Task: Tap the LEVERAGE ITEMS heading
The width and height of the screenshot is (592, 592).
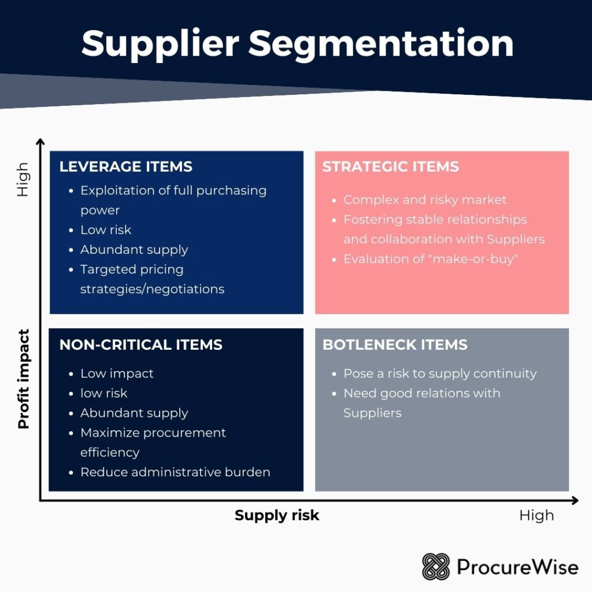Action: tap(126, 166)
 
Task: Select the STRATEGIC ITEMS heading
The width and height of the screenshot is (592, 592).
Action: tap(390, 166)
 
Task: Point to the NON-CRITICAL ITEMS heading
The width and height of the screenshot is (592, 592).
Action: tap(140, 345)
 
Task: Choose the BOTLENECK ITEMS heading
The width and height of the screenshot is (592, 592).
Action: tap(395, 345)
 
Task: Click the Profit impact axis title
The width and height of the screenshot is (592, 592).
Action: tap(24, 379)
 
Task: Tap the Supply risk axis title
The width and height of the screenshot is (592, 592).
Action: tap(277, 515)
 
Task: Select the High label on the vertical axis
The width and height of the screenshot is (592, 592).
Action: tap(23, 179)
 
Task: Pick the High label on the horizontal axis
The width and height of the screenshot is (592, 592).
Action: tap(536, 515)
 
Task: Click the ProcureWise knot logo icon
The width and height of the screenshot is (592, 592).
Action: tap(435, 567)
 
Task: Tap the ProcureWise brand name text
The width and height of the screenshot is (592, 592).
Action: tap(517, 567)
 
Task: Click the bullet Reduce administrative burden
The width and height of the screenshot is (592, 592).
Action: tap(175, 472)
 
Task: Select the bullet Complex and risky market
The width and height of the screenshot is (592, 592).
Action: tap(425, 199)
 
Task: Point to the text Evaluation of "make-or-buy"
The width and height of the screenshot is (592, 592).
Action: tap(430, 258)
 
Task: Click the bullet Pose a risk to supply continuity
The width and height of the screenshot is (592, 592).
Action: tap(440, 373)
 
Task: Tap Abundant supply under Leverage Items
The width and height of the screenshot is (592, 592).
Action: tap(134, 249)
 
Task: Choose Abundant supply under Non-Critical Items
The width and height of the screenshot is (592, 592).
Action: tap(134, 413)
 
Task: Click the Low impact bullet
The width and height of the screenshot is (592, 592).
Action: tap(117, 373)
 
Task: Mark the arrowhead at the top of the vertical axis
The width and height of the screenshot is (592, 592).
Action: tap(40, 142)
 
